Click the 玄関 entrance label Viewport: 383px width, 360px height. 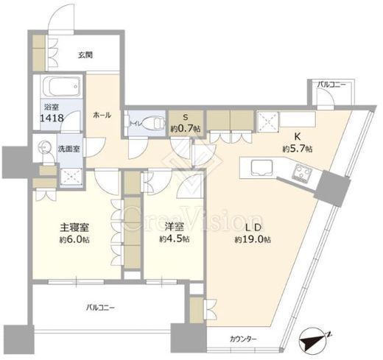(x=85, y=54)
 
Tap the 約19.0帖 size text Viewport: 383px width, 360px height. (x=253, y=239)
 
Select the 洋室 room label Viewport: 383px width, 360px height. (x=174, y=226)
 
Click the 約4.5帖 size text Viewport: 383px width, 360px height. (x=175, y=239)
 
